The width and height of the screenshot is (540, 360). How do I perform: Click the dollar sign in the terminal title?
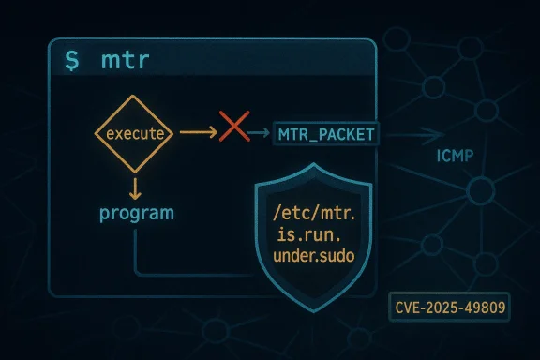point(71,63)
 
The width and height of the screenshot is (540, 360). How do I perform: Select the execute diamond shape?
point(136,135)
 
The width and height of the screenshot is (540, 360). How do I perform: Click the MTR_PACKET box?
point(325,135)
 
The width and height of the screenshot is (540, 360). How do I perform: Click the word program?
point(136,213)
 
